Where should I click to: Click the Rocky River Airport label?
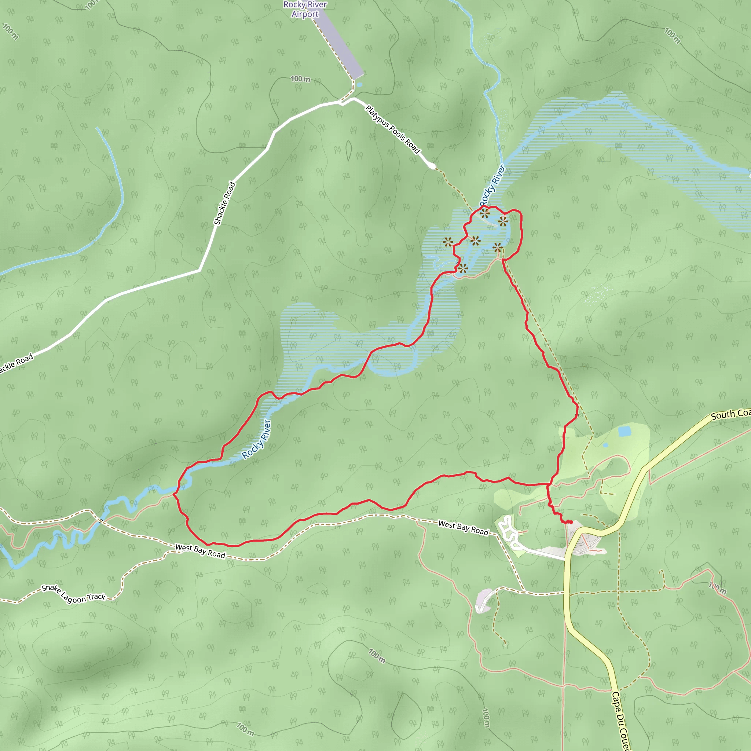(x=305, y=9)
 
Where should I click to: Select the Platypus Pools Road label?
(x=393, y=129)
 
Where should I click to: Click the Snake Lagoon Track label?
(x=73, y=594)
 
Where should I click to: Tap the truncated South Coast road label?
(x=730, y=414)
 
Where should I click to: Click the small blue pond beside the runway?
(x=360, y=84)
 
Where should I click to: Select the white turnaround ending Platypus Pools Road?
(x=432, y=166)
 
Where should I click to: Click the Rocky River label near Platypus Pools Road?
(x=492, y=185)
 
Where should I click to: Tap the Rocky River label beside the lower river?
(x=256, y=439)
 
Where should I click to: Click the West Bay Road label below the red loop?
(x=200, y=551)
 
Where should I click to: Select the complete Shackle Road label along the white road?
(x=225, y=203)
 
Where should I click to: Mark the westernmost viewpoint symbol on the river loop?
(x=448, y=242)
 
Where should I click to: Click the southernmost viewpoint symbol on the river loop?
(x=462, y=268)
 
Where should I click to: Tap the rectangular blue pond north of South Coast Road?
(x=624, y=431)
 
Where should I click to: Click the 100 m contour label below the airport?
(x=300, y=79)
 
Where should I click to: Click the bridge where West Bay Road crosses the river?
(x=100, y=521)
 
